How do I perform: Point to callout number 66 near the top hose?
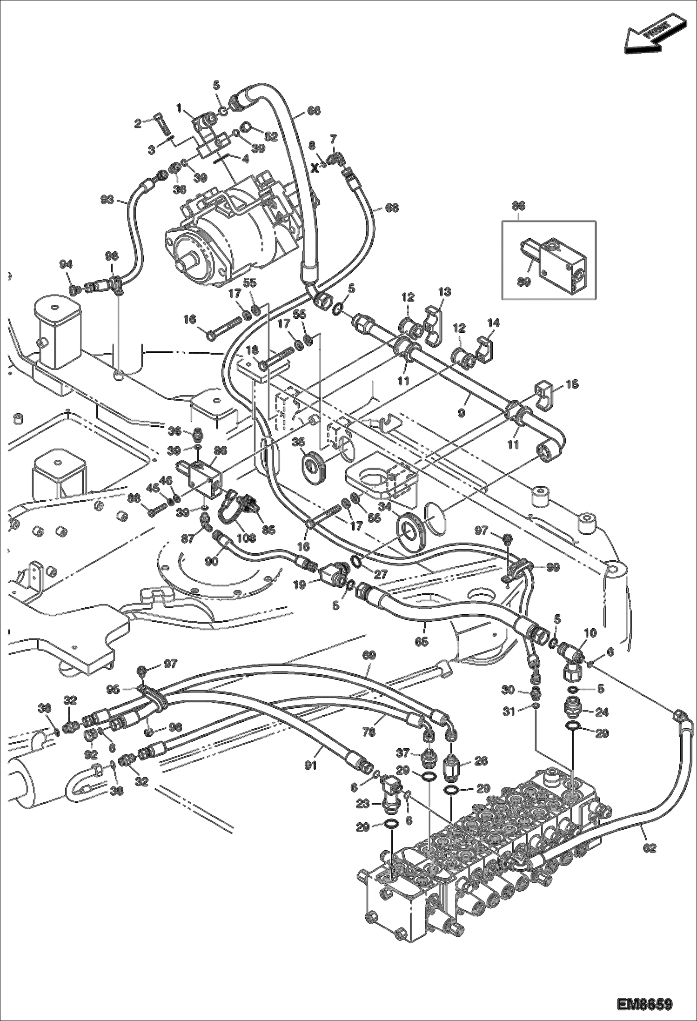pos(314,111)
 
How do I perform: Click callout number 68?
pos(392,208)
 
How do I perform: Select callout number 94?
pos(66,264)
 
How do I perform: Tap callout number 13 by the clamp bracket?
pos(444,292)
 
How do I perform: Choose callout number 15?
pos(572,384)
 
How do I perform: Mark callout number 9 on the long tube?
pos(461,412)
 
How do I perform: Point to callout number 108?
pos(245,538)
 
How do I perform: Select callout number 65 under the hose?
pos(421,642)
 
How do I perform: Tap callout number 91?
pos(310,765)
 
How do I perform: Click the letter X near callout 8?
pos(315,168)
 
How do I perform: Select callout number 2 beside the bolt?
pos(138,123)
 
